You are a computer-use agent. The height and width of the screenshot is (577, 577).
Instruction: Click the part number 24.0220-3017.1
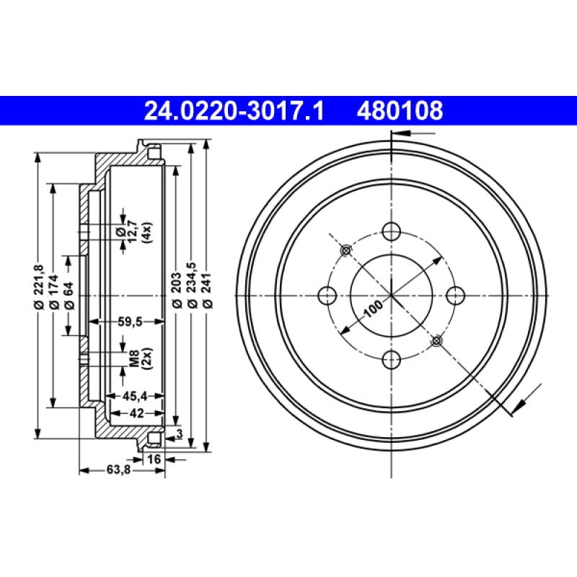(x=234, y=110)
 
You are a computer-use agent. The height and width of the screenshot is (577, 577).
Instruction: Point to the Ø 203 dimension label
(x=176, y=296)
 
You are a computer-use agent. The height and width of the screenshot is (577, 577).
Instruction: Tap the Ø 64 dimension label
(x=68, y=296)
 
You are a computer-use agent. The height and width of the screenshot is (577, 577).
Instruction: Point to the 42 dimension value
(x=136, y=413)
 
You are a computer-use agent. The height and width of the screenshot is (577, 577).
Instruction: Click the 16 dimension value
(x=153, y=459)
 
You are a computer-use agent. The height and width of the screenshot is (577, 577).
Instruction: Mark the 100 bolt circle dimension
(x=373, y=309)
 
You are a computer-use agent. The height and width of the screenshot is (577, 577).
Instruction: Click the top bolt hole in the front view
(x=391, y=232)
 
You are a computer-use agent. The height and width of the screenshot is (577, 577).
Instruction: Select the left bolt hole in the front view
(x=327, y=295)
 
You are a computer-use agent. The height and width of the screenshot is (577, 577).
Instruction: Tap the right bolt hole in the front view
(x=454, y=295)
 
